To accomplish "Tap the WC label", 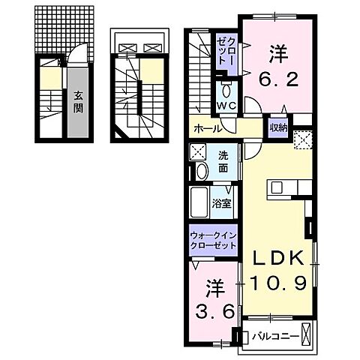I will tap(226, 106).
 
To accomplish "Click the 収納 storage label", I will tap(280, 127).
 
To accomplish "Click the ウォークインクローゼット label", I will tap(214, 239).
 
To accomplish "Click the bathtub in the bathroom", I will tap(200, 201).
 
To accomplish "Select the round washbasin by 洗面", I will tap(201, 172).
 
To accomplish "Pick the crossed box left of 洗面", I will tap(198, 151).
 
